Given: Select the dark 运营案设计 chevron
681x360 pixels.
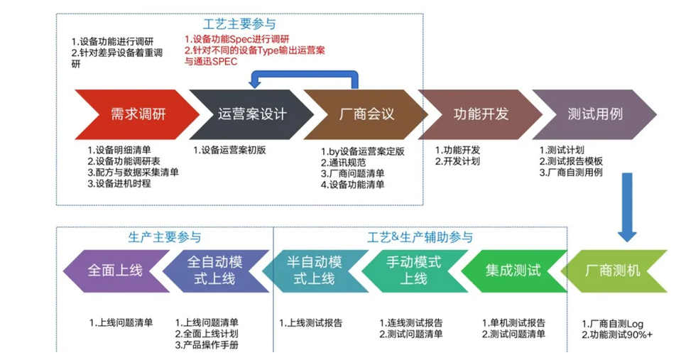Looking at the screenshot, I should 251,114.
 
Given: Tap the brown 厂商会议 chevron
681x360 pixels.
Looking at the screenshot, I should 366,114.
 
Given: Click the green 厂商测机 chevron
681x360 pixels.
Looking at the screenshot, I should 615,271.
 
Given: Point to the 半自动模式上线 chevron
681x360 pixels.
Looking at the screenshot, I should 313,271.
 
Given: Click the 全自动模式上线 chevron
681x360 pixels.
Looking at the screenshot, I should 214,271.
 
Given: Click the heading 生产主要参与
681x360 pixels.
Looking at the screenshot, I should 164,237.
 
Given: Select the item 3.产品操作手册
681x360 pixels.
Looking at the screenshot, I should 207,345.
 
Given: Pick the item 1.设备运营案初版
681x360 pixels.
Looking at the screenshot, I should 229,150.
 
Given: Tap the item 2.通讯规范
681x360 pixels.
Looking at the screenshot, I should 344,161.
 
